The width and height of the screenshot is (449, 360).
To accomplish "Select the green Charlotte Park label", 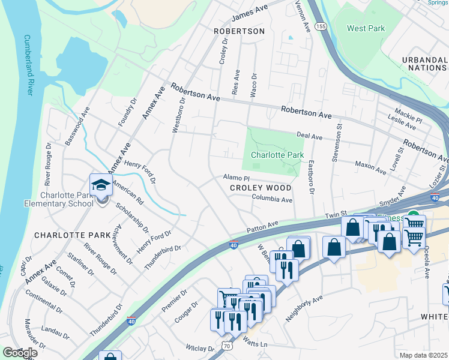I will [x=277, y=155].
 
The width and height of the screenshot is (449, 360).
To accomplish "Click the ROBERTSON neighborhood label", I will [x=239, y=31].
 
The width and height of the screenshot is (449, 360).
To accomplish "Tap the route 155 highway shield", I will [x=321, y=27].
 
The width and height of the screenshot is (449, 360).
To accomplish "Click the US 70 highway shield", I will [x=226, y=346].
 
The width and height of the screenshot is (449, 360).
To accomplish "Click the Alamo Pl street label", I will [x=236, y=178].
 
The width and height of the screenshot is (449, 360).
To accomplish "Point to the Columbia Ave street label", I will [x=272, y=198].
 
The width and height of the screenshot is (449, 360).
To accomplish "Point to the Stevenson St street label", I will [x=336, y=142].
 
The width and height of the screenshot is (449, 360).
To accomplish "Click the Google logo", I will [x=19, y=353].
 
